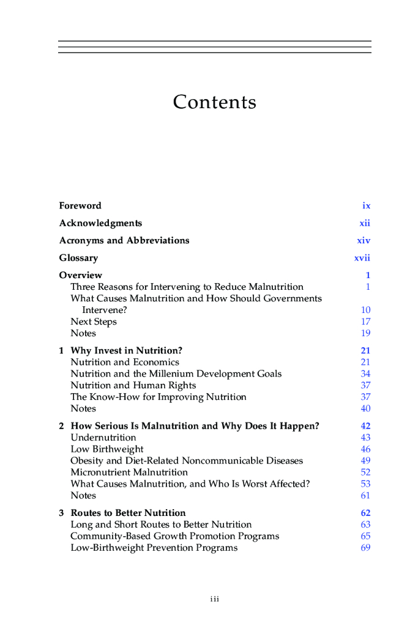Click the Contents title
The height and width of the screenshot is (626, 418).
(214, 102)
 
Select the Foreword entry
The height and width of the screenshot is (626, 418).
(80, 206)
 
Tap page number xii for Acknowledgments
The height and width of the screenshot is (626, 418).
(365, 223)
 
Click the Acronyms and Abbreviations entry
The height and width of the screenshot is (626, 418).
(124, 240)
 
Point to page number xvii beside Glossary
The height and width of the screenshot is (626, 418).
(362, 258)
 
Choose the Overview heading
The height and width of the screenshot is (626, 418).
(81, 275)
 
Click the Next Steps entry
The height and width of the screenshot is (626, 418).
(94, 322)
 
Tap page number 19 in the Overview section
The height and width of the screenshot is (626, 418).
(366, 333)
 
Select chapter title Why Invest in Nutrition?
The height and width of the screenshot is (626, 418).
(127, 351)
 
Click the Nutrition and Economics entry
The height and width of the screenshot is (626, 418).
(125, 362)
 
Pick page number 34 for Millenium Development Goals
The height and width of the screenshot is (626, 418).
(366, 374)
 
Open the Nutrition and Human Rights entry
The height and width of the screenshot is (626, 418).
(133, 385)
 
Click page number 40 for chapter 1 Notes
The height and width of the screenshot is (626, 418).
(366, 408)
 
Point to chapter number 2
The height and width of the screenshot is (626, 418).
(62, 426)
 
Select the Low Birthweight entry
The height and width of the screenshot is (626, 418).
(107, 449)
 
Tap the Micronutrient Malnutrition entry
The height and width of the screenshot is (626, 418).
(129, 472)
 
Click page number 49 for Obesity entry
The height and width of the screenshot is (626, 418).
(366, 460)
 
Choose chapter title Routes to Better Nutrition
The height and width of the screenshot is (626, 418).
(128, 513)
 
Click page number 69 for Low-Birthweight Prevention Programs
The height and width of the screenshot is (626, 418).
(366, 548)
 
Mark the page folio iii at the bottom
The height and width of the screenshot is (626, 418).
(214, 599)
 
